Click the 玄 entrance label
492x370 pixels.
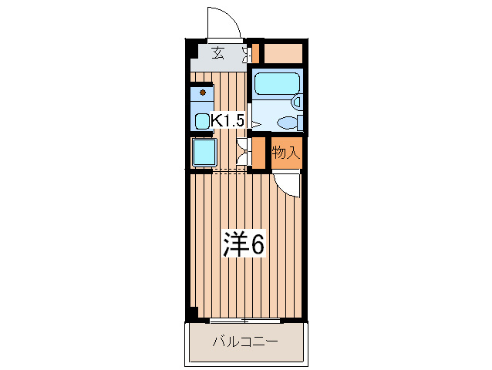pyautogui.click(x=218, y=54)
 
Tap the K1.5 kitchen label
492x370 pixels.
pyautogui.click(x=228, y=121)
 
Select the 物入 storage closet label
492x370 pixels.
pyautogui.click(x=285, y=153)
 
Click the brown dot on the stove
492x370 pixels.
pyautogui.click(x=203, y=92)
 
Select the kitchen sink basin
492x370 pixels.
pyautogui.click(x=202, y=120)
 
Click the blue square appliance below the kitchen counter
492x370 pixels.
pyautogui.click(x=203, y=151)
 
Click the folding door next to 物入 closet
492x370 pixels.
pyautogui.click(x=242, y=151)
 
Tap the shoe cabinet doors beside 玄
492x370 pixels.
pyautogui.click(x=247, y=54)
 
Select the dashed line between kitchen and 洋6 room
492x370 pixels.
pyautogui.click(x=227, y=171)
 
